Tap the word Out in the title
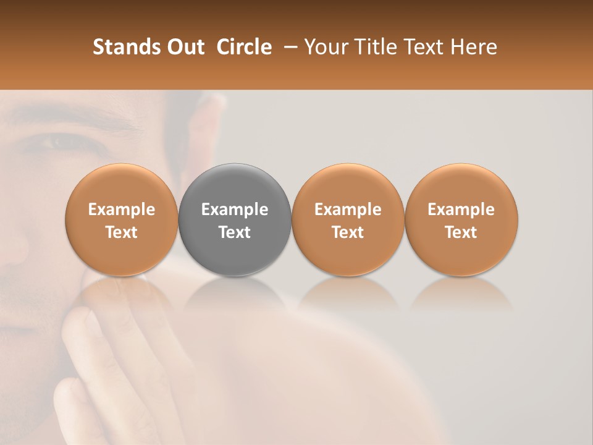pos(184,47)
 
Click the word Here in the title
pos(474,47)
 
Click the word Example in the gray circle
pos(235,210)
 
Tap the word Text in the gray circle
pos(235,232)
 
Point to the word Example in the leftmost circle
pos(122,210)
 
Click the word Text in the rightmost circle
pos(461,232)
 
